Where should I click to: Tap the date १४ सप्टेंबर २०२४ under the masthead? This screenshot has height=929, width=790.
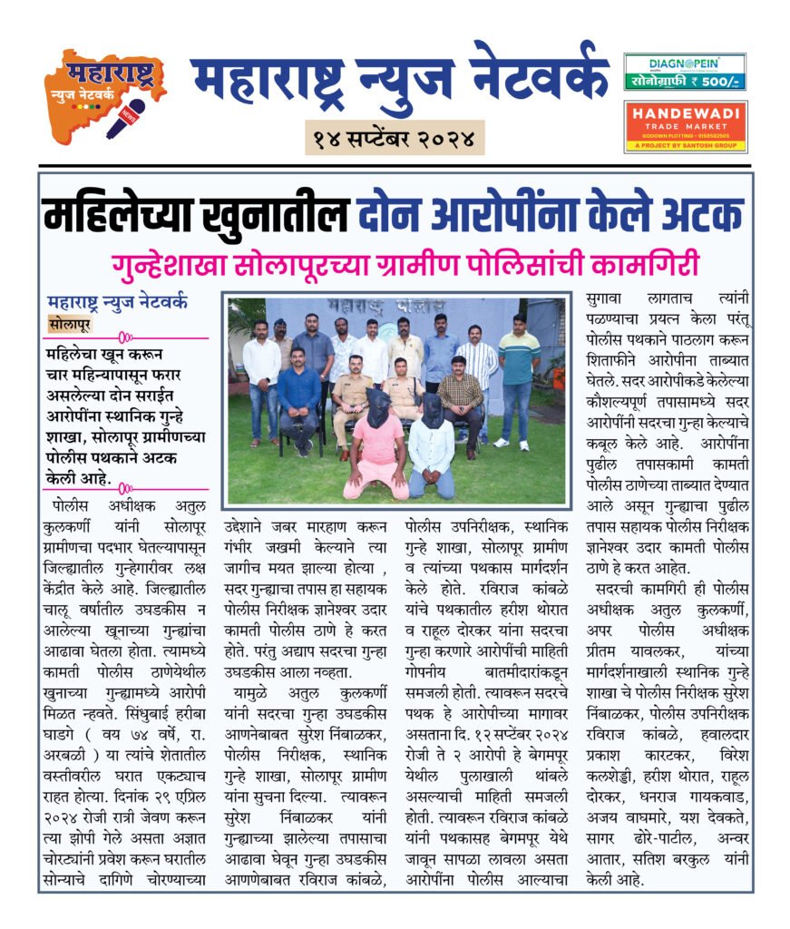[x=395, y=139]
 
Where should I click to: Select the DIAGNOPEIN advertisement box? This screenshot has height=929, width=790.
[x=685, y=72]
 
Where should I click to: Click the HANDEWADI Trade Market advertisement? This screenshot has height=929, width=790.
[x=685, y=126]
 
